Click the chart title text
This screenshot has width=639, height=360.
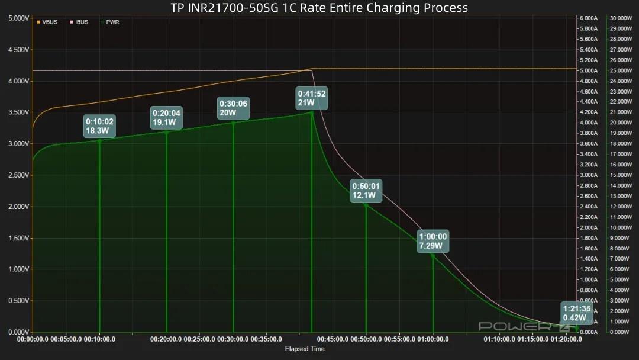(319, 8)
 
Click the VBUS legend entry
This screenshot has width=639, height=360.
(47, 22)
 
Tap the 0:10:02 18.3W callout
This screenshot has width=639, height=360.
(99, 126)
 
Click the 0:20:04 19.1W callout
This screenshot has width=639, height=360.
(166, 118)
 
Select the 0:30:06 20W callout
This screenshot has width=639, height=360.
(233, 108)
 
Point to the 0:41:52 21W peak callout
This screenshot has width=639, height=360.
(312, 98)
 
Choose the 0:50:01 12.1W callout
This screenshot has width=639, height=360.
(366, 191)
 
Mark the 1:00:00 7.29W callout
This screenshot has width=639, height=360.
(433, 241)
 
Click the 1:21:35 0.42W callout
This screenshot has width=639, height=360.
(576, 313)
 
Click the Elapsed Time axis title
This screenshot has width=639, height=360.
(305, 349)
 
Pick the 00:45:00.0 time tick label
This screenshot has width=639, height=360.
(333, 340)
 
